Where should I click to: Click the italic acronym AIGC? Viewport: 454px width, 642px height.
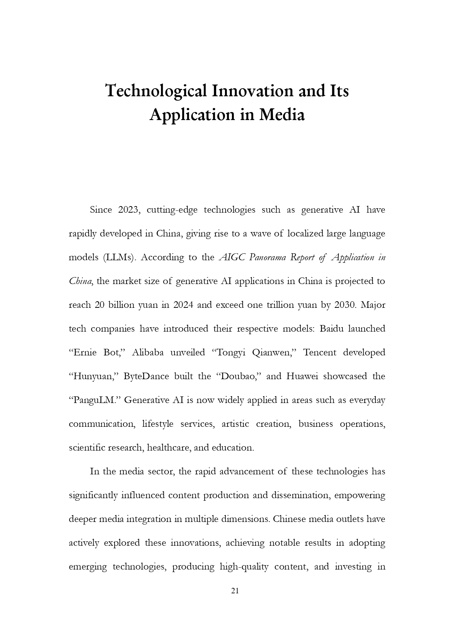tap(232, 258)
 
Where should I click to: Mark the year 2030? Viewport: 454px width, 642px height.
tap(344, 305)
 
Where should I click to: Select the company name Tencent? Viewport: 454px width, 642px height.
tap(320, 352)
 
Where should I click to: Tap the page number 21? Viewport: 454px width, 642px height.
tap(235, 591)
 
